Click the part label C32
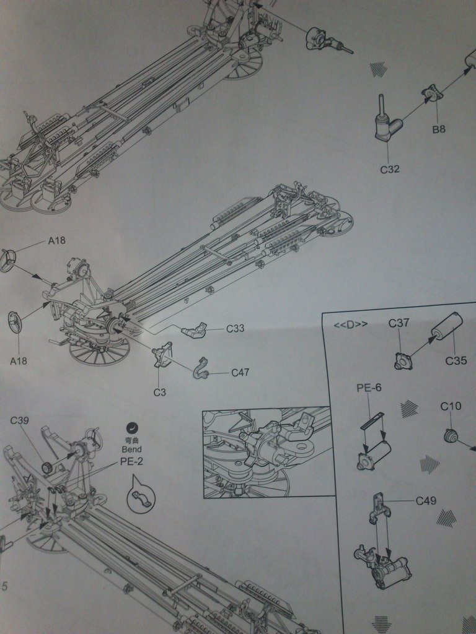click(389, 168)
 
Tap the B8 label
click(439, 129)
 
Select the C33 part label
click(235, 329)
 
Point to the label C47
click(240, 372)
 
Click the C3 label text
click(160, 392)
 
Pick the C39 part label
click(19, 420)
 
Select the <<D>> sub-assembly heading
click(350, 324)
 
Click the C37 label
click(399, 323)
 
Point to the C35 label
click(456, 360)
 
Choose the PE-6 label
click(369, 388)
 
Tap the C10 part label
click(451, 406)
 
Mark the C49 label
click(426, 500)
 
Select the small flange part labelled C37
click(403, 360)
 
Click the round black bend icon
click(132, 426)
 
